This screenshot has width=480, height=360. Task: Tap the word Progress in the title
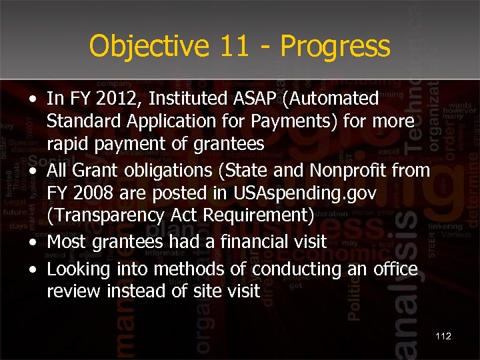coord(335,47)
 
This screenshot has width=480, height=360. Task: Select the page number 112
coord(443,336)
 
